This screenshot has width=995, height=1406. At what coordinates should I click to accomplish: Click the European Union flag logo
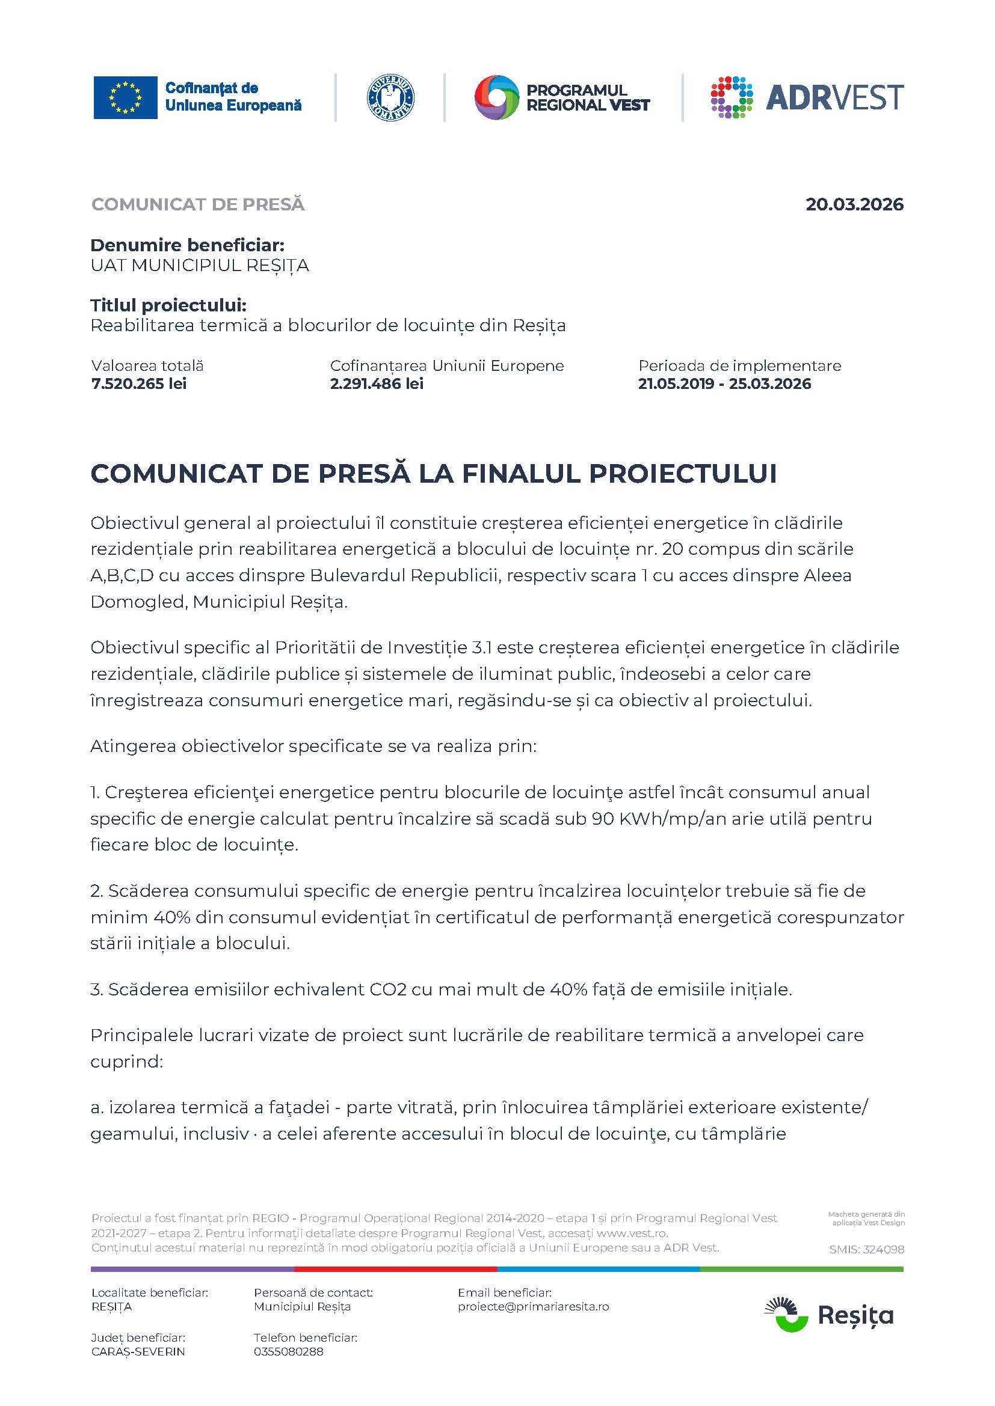pyautogui.click(x=125, y=98)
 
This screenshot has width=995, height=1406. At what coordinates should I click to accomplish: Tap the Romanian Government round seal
pyautogui.click(x=390, y=98)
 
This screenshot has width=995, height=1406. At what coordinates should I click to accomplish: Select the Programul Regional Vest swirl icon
pyautogui.click(x=496, y=97)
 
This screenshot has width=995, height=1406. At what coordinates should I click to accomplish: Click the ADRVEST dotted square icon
pyautogui.click(x=732, y=97)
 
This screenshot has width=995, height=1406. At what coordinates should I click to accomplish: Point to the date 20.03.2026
pyautogui.click(x=854, y=204)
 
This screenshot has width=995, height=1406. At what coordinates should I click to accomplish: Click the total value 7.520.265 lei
pyautogui.click(x=139, y=384)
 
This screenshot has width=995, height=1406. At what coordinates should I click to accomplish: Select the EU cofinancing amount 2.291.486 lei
pyautogui.click(x=377, y=384)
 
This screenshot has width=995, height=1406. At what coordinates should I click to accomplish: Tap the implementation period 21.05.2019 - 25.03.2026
pyautogui.click(x=724, y=384)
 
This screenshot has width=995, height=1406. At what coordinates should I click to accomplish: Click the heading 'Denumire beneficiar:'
pyautogui.click(x=188, y=246)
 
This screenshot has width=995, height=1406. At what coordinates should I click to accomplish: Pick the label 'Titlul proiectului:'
pyautogui.click(x=168, y=305)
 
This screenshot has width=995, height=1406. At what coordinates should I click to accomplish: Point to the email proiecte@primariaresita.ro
pyautogui.click(x=533, y=1306)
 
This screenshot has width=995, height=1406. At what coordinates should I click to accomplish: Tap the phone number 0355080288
pyautogui.click(x=289, y=1351)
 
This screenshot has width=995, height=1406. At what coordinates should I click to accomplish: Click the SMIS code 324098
pyautogui.click(x=866, y=1249)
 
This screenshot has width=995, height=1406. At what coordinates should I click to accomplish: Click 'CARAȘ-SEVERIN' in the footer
pyautogui.click(x=138, y=1351)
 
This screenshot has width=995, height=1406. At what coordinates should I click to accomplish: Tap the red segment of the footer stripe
pyautogui.click(x=395, y=1270)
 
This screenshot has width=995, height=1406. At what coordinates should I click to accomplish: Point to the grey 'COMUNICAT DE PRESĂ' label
pyautogui.click(x=198, y=204)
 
